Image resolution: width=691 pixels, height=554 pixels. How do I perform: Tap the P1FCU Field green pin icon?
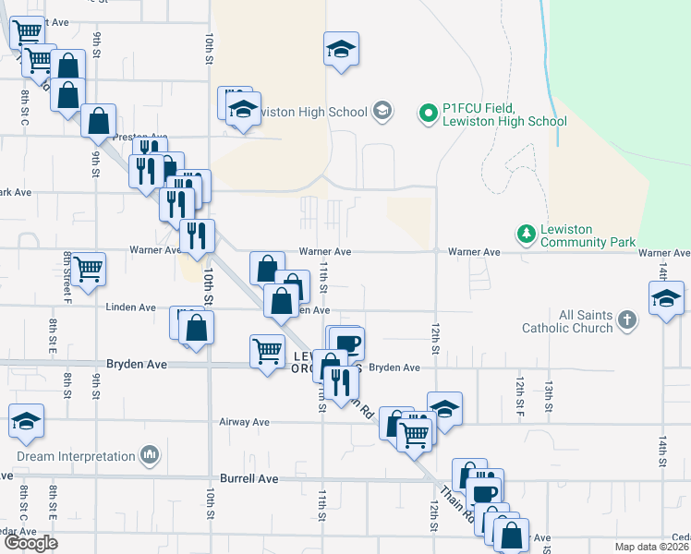(x=428, y=114)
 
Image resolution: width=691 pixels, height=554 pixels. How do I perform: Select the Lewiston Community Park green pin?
(x=526, y=235)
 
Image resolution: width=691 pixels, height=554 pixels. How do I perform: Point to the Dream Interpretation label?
(x=76, y=456)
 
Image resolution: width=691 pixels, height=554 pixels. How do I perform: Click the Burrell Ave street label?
(x=249, y=479)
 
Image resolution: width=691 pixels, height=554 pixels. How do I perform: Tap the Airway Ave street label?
(x=244, y=422)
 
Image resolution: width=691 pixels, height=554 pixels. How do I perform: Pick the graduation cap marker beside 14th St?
(x=666, y=299)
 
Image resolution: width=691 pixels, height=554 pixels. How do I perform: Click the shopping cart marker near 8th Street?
(x=89, y=269)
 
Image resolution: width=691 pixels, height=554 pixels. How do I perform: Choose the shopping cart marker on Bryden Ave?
(x=267, y=351)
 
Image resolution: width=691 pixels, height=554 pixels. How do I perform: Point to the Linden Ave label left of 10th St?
(x=130, y=307)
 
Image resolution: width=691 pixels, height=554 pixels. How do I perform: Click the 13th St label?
(x=548, y=389)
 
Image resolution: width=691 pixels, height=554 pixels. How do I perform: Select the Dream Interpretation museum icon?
(x=150, y=456)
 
